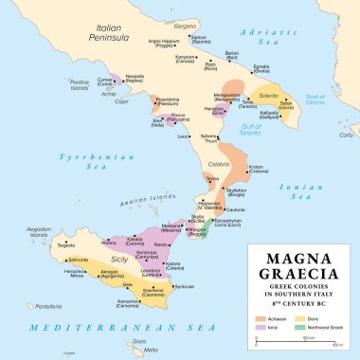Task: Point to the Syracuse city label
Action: click(x=185, y=286)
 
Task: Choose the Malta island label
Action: click(x=150, y=350)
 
